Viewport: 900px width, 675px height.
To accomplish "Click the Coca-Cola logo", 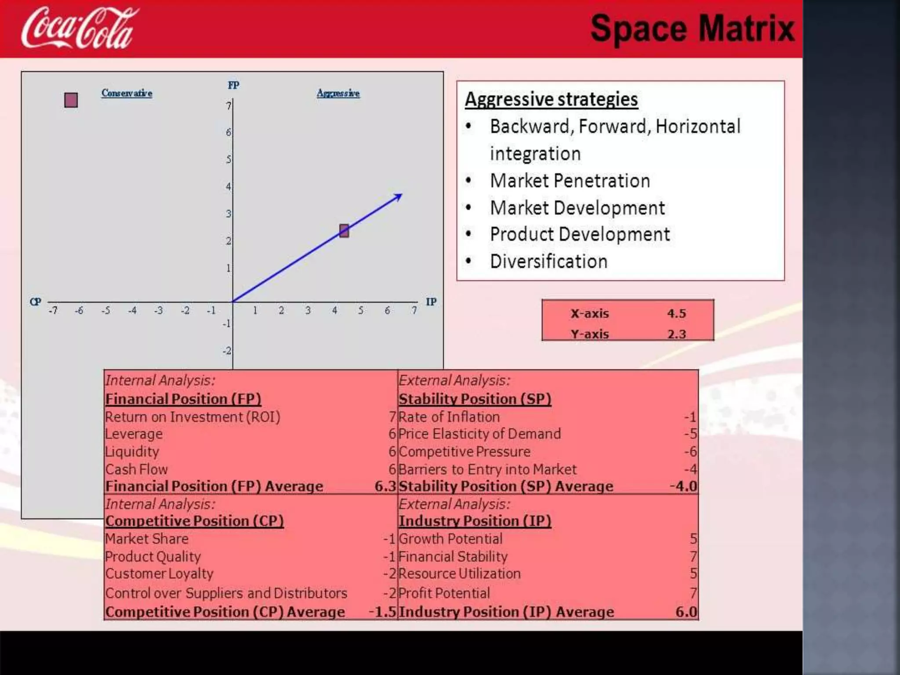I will tap(79, 29).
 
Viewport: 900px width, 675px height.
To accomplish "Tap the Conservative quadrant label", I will tap(127, 93).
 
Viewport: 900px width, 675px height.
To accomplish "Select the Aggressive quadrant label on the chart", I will tap(338, 93).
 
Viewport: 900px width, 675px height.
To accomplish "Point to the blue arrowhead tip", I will tap(401, 195).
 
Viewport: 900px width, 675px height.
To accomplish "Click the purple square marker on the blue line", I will tap(344, 231).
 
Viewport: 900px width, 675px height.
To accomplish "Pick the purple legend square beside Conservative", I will tap(71, 100).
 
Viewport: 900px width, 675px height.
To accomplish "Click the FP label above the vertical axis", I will tap(233, 85).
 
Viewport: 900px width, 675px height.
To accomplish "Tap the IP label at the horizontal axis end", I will tap(431, 302).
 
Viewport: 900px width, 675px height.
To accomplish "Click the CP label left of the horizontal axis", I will tap(36, 302).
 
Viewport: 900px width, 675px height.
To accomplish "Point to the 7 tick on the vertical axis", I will tap(229, 106).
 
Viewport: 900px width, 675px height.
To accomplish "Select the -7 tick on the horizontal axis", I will tap(53, 311).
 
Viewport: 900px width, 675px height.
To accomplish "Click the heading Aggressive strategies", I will tap(551, 99).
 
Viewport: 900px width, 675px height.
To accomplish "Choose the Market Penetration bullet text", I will tap(570, 181).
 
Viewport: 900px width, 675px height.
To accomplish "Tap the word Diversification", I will tap(548, 261).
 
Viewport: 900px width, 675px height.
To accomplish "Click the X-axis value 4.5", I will tap(676, 313).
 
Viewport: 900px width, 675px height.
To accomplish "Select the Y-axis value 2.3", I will tap(676, 334).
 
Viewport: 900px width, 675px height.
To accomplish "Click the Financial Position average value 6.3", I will tap(385, 486).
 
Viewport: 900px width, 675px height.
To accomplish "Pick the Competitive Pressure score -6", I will tap(690, 452).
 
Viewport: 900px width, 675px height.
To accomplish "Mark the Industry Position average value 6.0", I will tap(686, 612).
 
